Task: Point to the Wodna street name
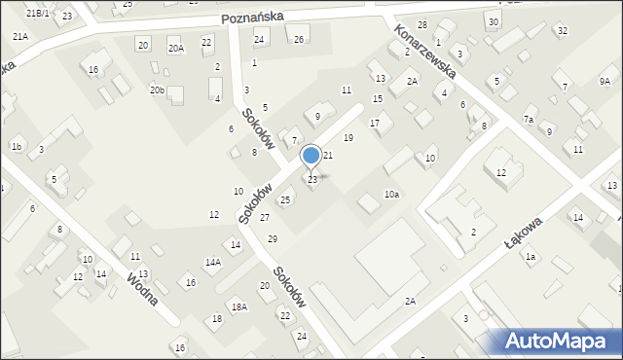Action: (142, 288)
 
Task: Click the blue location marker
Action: (311, 156)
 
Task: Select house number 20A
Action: (175, 47)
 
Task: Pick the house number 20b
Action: (158, 90)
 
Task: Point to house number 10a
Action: (390, 195)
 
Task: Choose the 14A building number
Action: (212, 262)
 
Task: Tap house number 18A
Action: (238, 306)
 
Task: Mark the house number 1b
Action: (17, 146)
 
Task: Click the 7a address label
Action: (529, 119)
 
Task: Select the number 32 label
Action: (562, 31)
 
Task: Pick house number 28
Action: (422, 24)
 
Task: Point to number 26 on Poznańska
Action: (299, 39)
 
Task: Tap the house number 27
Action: (265, 217)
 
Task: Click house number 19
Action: (348, 138)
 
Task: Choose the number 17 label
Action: (374, 123)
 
